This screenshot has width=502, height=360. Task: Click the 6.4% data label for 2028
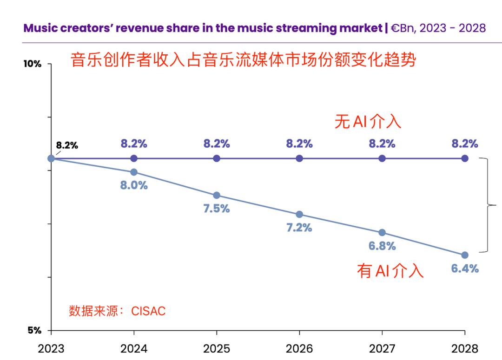pyautogui.click(x=465, y=268)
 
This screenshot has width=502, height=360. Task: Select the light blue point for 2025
pyautogui.click(x=217, y=195)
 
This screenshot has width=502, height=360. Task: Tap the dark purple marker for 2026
pyautogui.click(x=299, y=158)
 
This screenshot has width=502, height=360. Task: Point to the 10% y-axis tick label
pyautogui.click(x=33, y=64)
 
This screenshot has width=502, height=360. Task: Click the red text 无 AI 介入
pyautogui.click(x=367, y=122)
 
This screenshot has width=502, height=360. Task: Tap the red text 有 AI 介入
pyautogui.click(x=390, y=270)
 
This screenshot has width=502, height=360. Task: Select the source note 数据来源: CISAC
pyautogui.click(x=117, y=311)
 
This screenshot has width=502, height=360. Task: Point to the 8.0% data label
pyautogui.click(x=134, y=185)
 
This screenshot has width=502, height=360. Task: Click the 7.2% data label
pyautogui.click(x=299, y=228)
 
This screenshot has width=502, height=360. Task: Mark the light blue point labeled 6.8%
pyautogui.click(x=382, y=232)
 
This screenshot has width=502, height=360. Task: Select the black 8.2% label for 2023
pyautogui.click(x=67, y=145)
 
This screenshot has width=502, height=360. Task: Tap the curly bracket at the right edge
pyautogui.click(x=488, y=204)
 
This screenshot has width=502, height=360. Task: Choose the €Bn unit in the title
pyautogui.click(x=403, y=28)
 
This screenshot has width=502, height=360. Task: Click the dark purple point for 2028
pyautogui.click(x=465, y=158)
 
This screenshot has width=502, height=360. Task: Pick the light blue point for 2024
pyautogui.click(x=134, y=172)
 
